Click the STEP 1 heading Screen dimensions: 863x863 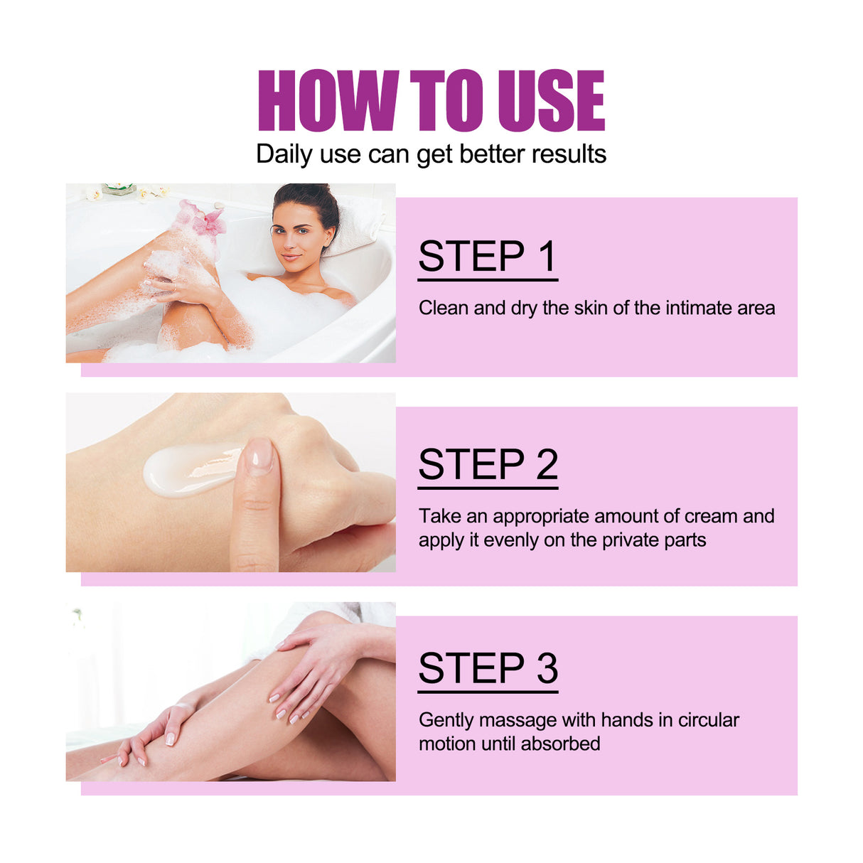487,257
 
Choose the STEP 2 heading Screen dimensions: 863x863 488,465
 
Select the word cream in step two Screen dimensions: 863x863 710,516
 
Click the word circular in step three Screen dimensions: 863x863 708,720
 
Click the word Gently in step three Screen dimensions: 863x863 446,721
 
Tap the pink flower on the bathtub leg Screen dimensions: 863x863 203,218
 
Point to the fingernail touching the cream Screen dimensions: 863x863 259,454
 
